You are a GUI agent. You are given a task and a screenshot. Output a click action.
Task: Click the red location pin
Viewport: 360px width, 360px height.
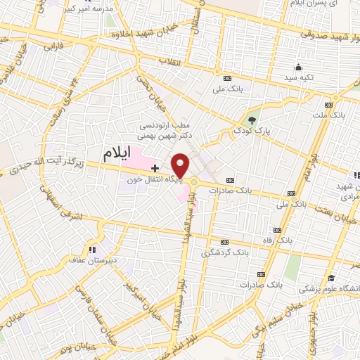(x=180, y=165)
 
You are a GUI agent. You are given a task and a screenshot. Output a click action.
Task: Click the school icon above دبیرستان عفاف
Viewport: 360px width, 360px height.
(x=91, y=249)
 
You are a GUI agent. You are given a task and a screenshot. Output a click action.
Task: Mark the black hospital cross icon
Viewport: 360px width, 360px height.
(x=155, y=169)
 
